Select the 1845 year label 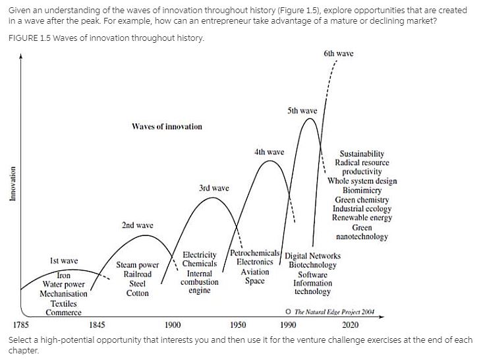(98, 324)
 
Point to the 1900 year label (173, 324)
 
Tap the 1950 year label (238, 324)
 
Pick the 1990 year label (288, 324)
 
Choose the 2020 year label (351, 324)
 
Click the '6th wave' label (338, 53)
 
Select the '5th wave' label (302, 110)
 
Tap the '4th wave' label (269, 152)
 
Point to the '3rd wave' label (213, 189)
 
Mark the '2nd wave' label (137, 225)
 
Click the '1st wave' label (64, 262)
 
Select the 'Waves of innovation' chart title (167, 126)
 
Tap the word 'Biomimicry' (362, 190)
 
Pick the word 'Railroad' (138, 274)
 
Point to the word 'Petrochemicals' (256, 254)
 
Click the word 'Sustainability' (362, 154)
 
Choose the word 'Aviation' (255, 272)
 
